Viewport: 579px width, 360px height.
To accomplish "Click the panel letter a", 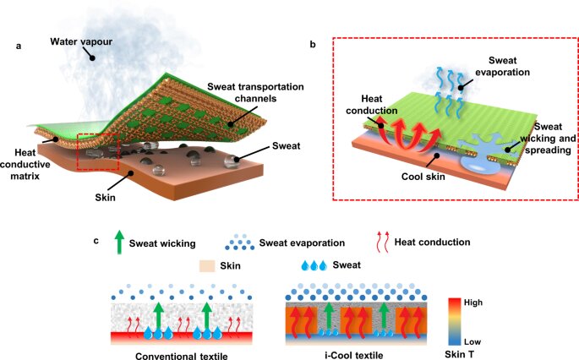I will pyautogui.click(x=19, y=46).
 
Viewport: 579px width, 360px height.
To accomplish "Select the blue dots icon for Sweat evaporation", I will pyautogui.click(x=248, y=244).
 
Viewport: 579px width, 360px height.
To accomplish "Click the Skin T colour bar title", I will pyautogui.click(x=484, y=353).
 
